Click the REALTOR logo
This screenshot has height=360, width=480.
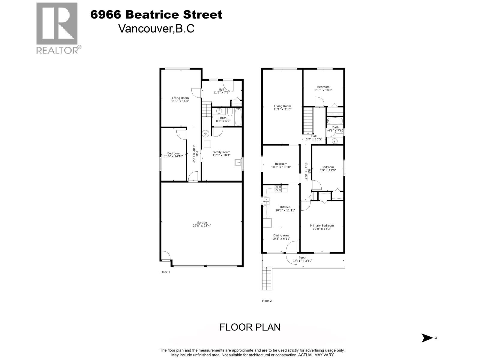pos(58,28)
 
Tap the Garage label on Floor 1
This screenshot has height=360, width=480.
pos(202,223)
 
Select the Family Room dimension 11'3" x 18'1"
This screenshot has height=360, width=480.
pos(221,155)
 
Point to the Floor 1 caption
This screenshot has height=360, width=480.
pos(165,272)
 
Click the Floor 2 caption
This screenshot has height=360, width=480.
pos(267,301)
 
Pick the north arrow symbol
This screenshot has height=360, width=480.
pos(427,338)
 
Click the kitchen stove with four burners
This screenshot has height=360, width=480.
pos(278,188)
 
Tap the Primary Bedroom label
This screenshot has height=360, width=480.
pos(322,226)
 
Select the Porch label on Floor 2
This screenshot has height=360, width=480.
pos(302,257)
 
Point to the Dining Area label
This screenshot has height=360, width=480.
pos(281,235)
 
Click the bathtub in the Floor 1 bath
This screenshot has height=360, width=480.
pos(238,117)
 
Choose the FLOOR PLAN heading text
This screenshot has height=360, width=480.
pos(250,327)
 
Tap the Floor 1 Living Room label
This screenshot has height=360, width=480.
pos(180,98)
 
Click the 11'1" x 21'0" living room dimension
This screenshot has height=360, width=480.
pos(282,109)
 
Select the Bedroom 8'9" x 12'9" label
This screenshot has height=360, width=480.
pos(328,167)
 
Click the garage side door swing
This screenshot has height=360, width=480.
pos(165,256)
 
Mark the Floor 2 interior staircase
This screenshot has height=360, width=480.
pos(308,121)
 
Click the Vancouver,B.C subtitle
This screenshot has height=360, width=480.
pos(156,28)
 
